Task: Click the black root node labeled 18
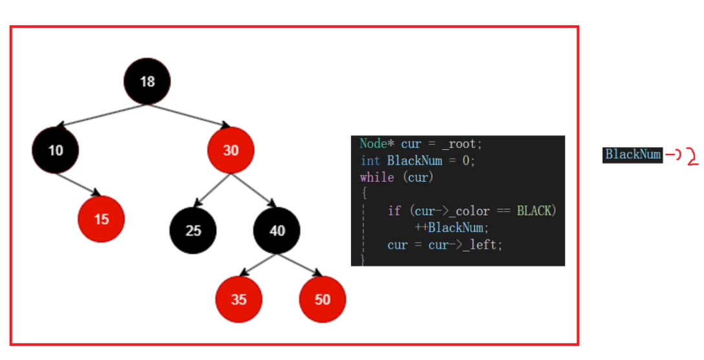pos(147,81)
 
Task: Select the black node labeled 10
pos(56,150)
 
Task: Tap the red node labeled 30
pos(231,150)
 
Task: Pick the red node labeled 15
pos(101,219)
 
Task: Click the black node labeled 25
pos(193,230)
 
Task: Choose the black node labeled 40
pos(277,230)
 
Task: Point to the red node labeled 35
pos(239,299)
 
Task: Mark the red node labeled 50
pos(323,299)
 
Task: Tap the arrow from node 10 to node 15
pos(81,184)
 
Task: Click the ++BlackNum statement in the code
pos(451,228)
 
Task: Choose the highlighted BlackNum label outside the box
pos(632,154)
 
